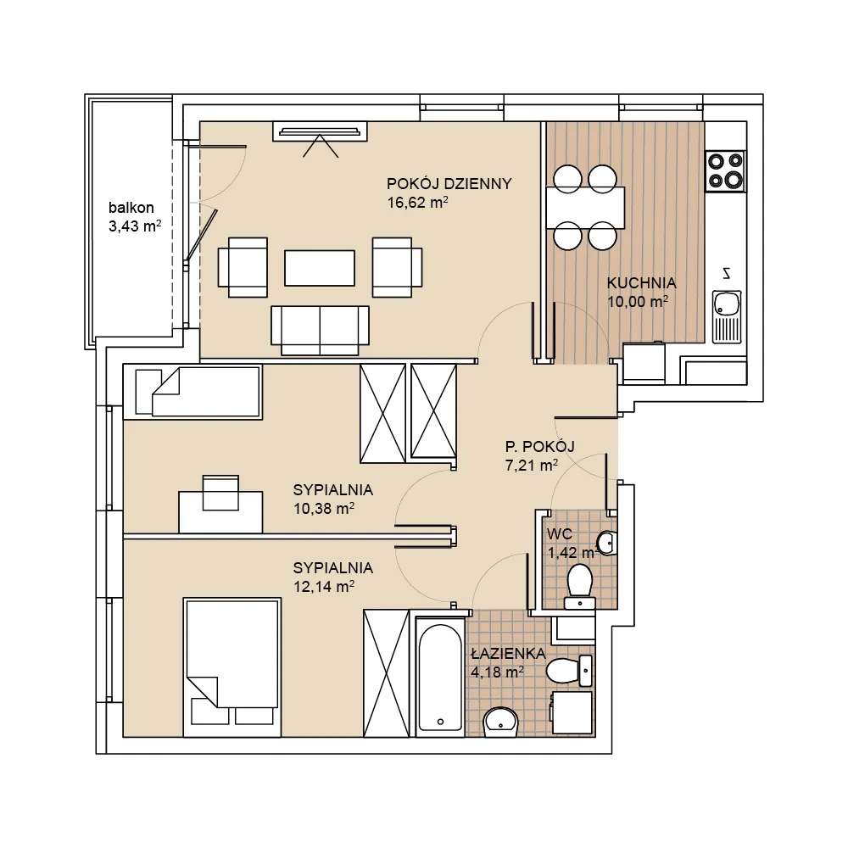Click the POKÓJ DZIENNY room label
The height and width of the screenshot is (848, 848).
(449, 184)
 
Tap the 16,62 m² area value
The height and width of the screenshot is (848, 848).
(417, 203)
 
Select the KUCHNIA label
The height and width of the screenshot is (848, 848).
(641, 283)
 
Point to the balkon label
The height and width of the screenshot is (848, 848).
(131, 208)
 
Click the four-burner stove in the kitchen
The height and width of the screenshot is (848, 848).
(725, 171)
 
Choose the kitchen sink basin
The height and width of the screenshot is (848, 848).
(727, 304)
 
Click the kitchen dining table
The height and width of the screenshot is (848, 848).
(585, 208)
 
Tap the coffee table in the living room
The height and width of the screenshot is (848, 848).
(320, 268)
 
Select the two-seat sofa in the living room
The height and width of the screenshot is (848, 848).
(321, 331)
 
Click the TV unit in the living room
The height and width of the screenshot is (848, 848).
(321, 131)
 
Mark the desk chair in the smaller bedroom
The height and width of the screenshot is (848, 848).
(220, 492)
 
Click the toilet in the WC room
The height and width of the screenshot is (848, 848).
(580, 587)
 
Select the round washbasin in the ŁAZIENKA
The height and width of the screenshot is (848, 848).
(501, 722)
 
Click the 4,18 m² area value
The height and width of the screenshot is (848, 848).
(497, 672)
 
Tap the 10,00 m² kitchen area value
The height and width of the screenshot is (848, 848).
(638, 302)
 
